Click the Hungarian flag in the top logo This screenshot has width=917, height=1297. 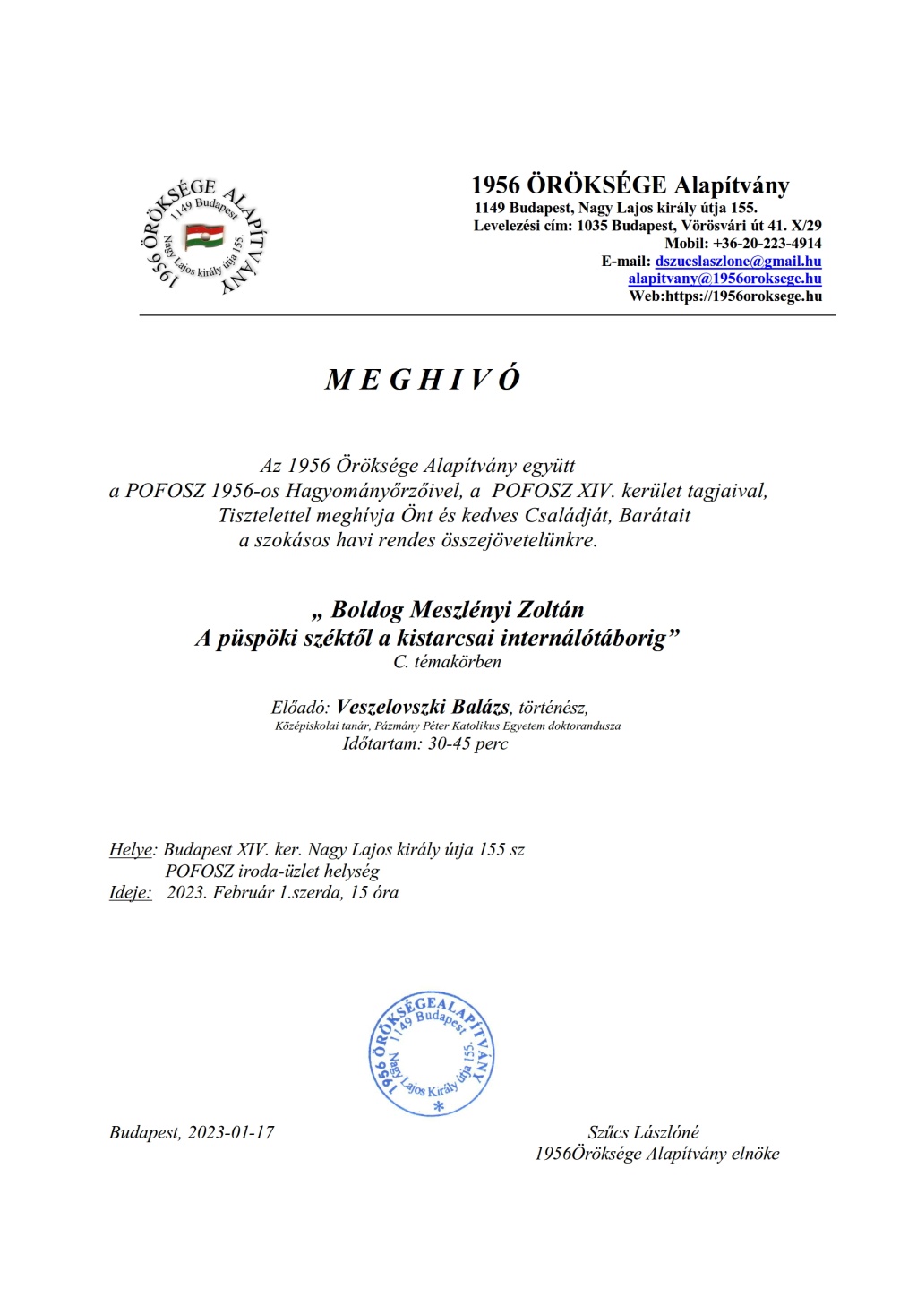pos(204,236)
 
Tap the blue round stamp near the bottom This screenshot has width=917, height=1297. pos(432,1054)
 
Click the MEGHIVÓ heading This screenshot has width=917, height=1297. pos(423,380)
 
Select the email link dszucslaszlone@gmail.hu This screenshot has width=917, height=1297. pos(738,262)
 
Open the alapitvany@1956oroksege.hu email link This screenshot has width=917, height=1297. pos(724,279)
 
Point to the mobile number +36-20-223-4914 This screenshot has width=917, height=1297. pos(767,244)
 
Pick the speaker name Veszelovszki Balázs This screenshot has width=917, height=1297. pos(423,707)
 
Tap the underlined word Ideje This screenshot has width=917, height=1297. pos(130,892)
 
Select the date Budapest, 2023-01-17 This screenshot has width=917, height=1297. pos(192,1132)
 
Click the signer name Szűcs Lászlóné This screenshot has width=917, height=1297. pos(643,1132)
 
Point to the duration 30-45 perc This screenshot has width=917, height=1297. pos(467,743)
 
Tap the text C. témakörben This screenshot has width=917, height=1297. pos(447,662)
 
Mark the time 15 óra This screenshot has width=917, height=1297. pos(374,892)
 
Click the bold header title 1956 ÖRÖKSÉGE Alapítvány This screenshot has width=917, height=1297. pos(630,185)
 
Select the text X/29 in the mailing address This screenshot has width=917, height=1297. pos(806,226)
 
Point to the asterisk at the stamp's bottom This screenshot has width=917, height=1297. pos(439,1107)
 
